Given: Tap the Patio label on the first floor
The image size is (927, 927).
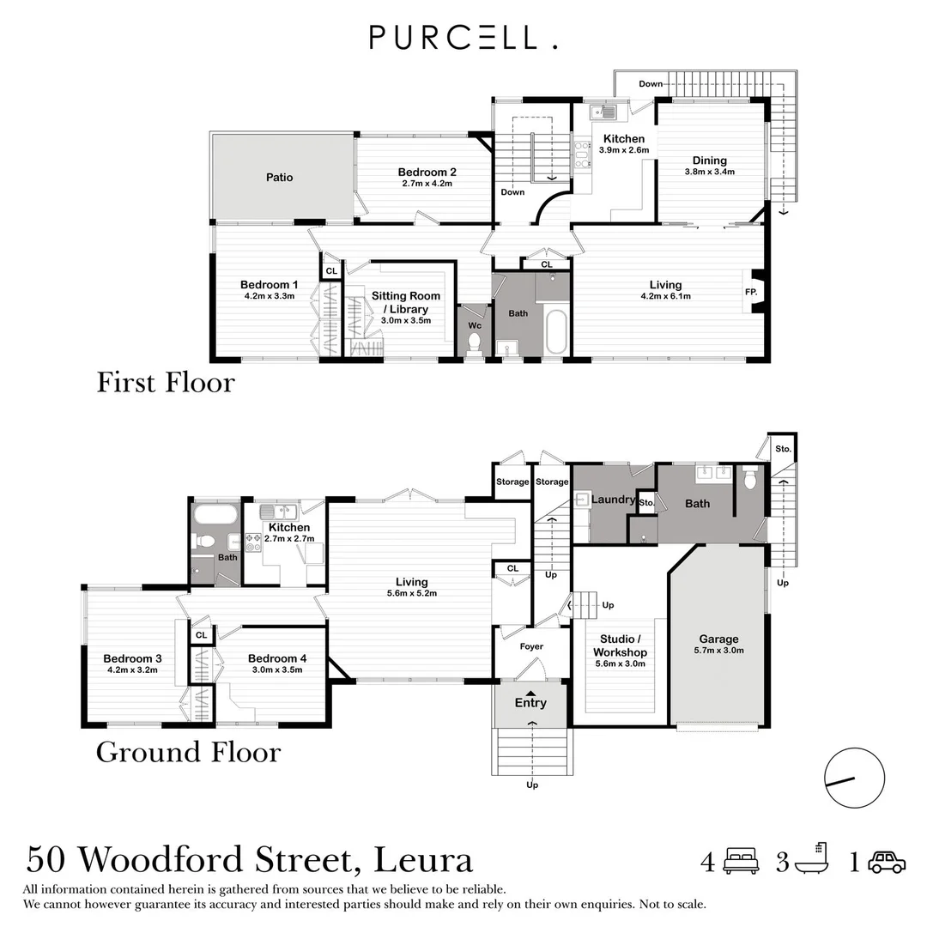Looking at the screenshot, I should [279, 178].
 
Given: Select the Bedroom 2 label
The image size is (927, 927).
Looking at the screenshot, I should [427, 172].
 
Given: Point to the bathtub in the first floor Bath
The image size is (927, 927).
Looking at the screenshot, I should [556, 333].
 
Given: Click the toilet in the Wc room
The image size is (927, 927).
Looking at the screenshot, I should [474, 343].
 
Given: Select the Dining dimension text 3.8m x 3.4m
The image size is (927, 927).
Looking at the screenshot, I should [709, 172].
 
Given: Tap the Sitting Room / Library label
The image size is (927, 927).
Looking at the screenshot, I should [405, 302].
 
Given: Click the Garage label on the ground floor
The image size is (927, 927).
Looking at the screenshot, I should [718, 639].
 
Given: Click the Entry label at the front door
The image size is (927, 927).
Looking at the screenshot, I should [530, 702].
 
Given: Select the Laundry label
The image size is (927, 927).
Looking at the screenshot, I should [613, 500].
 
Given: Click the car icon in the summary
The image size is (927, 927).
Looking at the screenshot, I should [887, 862].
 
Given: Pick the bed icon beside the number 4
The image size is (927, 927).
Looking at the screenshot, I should [741, 861].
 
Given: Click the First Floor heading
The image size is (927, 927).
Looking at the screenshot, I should [166, 382].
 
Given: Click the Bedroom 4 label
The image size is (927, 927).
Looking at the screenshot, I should [276, 658].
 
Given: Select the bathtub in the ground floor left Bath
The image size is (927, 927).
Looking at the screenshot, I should [215, 515].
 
